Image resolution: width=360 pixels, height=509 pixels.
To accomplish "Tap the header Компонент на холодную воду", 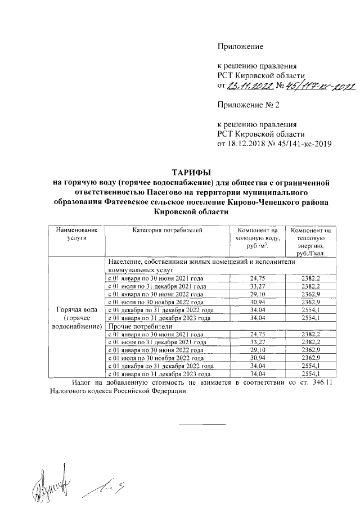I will coord(257,238).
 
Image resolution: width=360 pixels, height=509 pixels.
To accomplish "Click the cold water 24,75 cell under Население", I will coord(256,278).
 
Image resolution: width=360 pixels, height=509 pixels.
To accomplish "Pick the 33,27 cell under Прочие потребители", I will coord(256,342).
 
